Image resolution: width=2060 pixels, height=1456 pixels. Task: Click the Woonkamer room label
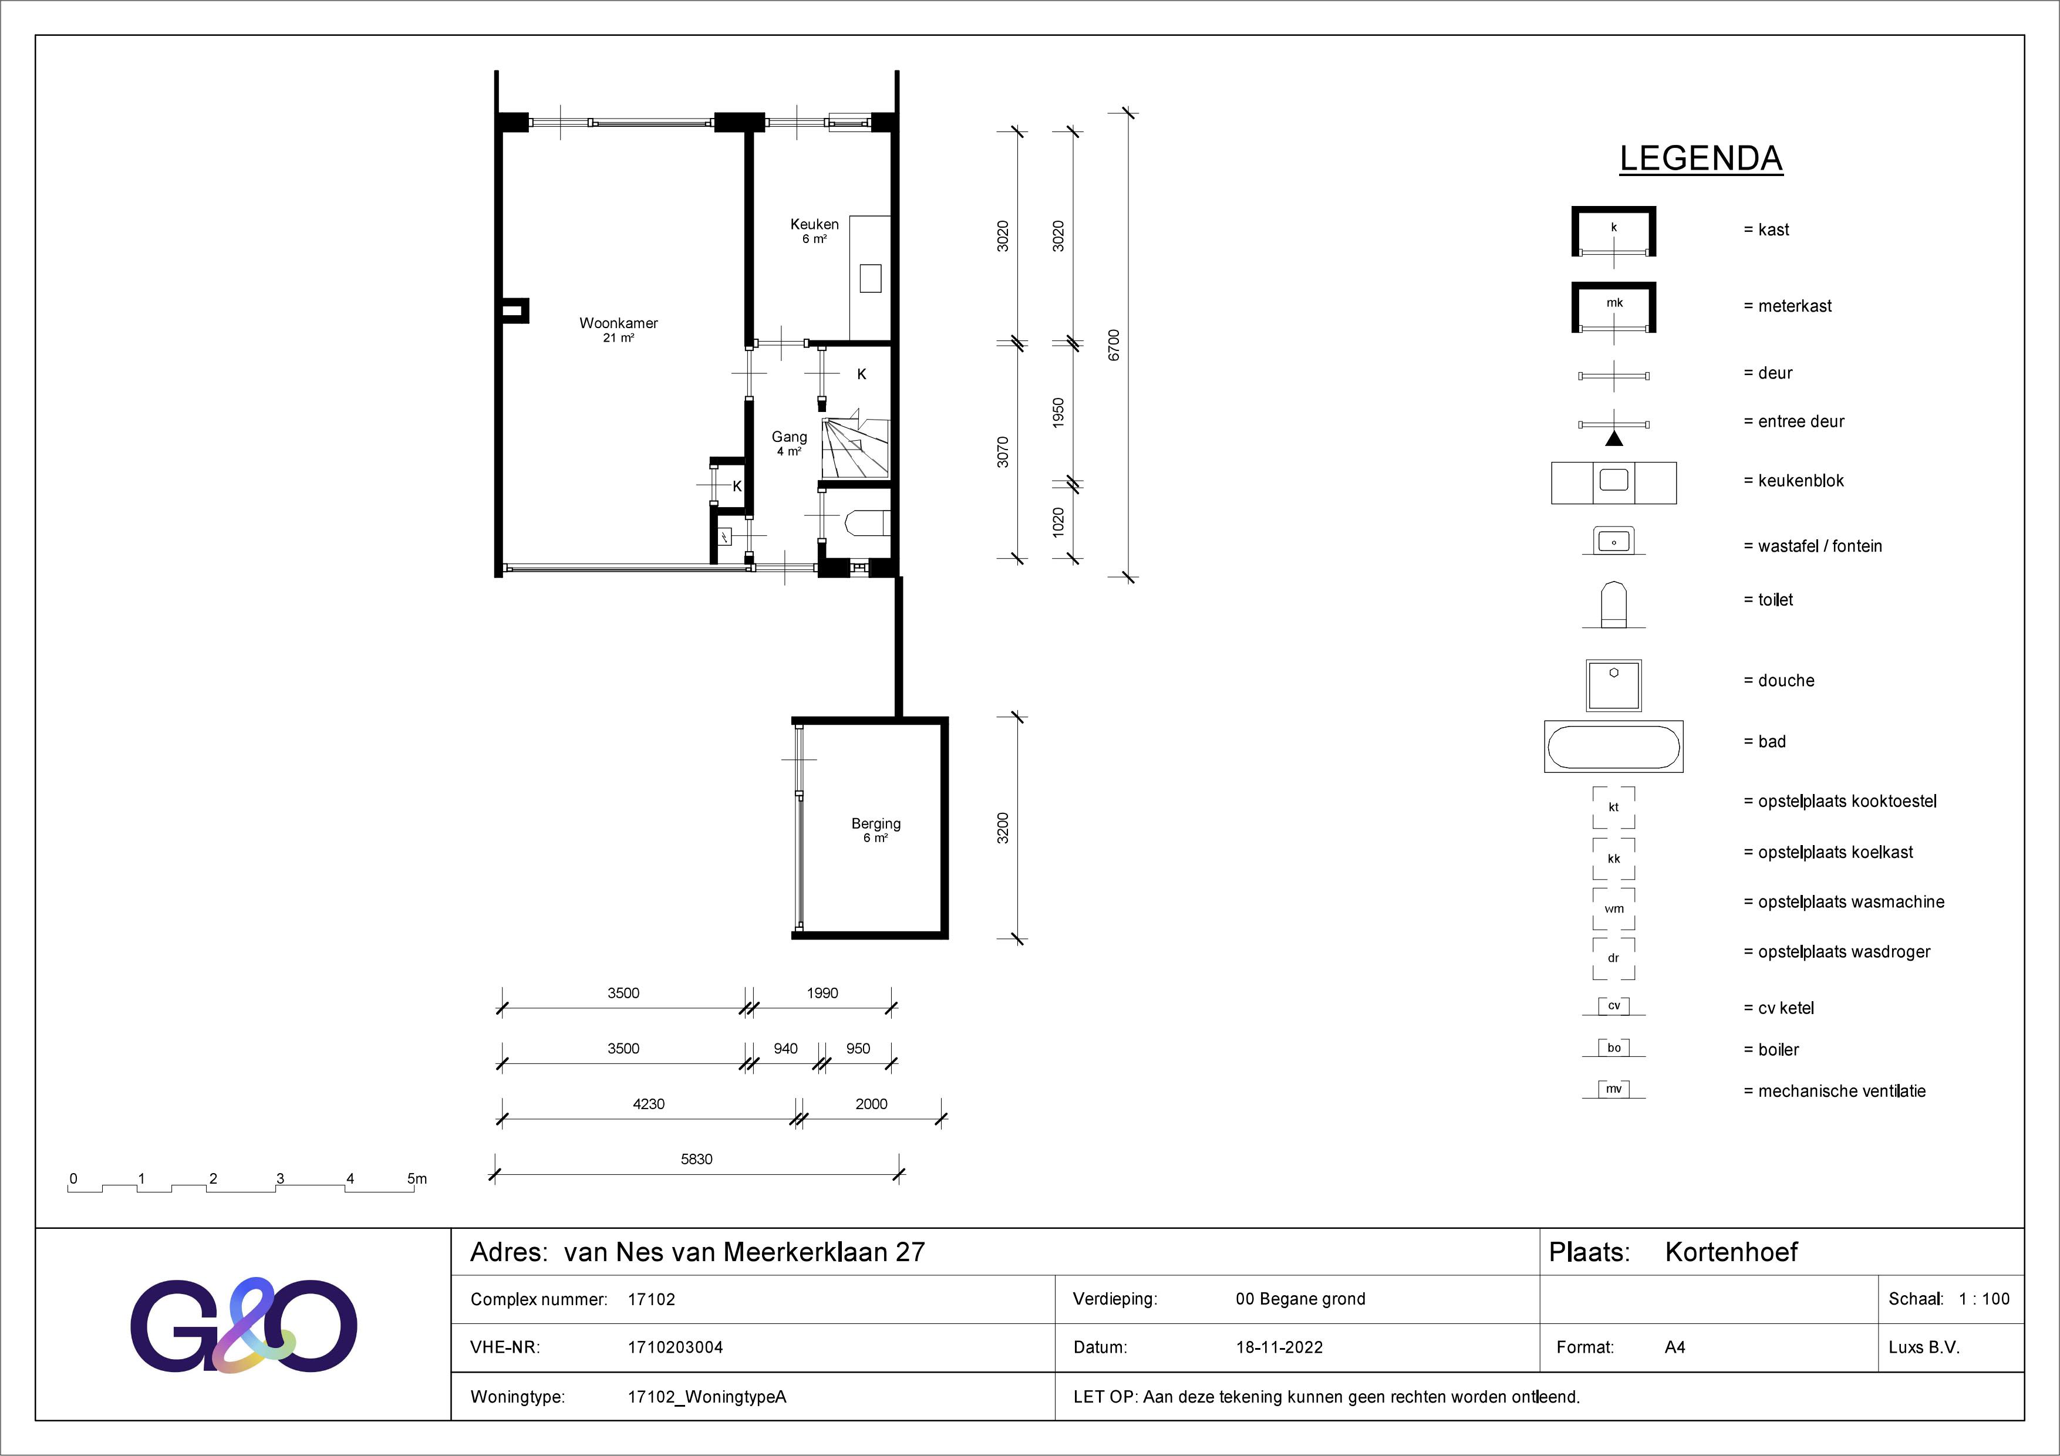618,323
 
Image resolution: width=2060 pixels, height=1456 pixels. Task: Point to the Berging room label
876,823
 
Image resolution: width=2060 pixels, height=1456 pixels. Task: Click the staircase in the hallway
855,446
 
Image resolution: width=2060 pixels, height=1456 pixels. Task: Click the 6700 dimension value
1114,346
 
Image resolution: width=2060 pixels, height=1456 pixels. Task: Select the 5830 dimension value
696,1159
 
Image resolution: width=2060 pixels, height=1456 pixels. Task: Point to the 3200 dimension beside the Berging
1003,828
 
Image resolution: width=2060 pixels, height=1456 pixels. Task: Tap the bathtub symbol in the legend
1613,746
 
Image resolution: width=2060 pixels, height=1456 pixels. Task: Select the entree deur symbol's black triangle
1614,439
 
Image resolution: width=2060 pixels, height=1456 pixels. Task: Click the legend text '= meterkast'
1787,306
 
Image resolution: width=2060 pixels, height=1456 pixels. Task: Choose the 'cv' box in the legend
1614,1006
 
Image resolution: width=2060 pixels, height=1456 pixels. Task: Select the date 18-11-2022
1279,1347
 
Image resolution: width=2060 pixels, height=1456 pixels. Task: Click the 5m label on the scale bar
417,1178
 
